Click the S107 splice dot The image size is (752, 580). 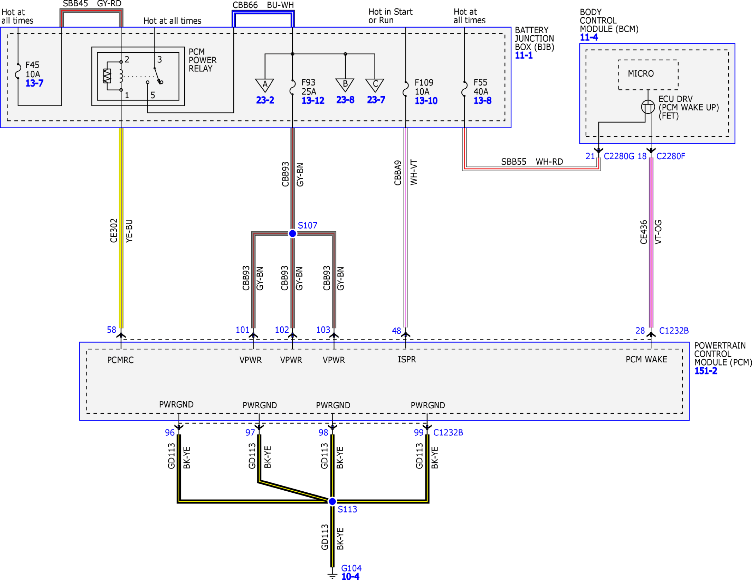(292, 233)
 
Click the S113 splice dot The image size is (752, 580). (332, 502)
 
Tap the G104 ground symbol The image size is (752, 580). (332, 574)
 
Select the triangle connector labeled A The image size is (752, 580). (265, 85)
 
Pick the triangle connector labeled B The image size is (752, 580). (345, 85)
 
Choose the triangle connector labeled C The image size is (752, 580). (375, 85)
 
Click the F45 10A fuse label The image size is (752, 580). (32, 70)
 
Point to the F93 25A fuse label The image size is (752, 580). (309, 87)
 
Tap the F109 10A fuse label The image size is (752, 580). (424, 87)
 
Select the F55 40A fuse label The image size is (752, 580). (481, 87)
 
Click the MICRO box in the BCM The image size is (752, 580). (648, 75)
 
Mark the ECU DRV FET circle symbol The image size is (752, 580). (648, 107)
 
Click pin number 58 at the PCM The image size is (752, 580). (112, 330)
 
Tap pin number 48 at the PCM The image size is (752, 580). (396, 331)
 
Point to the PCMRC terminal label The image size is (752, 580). (120, 360)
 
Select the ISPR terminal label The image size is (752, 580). (407, 359)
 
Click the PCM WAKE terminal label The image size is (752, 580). (646, 359)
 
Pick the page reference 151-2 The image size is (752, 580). (706, 371)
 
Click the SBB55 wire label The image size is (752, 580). (514, 162)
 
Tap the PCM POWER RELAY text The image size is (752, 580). (203, 60)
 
